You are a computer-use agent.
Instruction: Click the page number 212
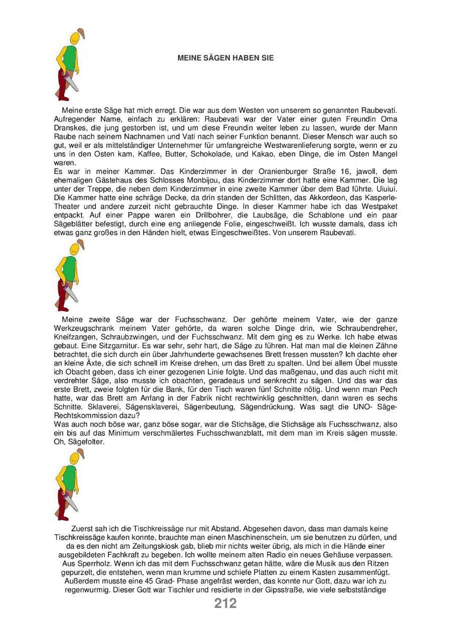pos(225,603)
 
